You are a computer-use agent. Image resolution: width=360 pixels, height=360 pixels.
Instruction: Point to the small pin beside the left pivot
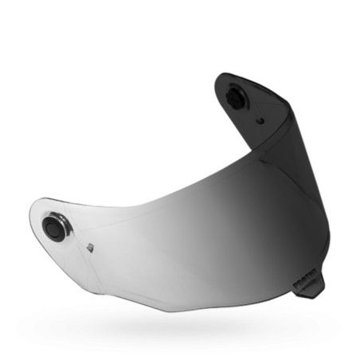pyautogui.click(x=90, y=245)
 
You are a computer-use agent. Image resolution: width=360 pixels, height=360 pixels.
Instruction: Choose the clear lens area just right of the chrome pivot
pyautogui.click(x=88, y=219)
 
